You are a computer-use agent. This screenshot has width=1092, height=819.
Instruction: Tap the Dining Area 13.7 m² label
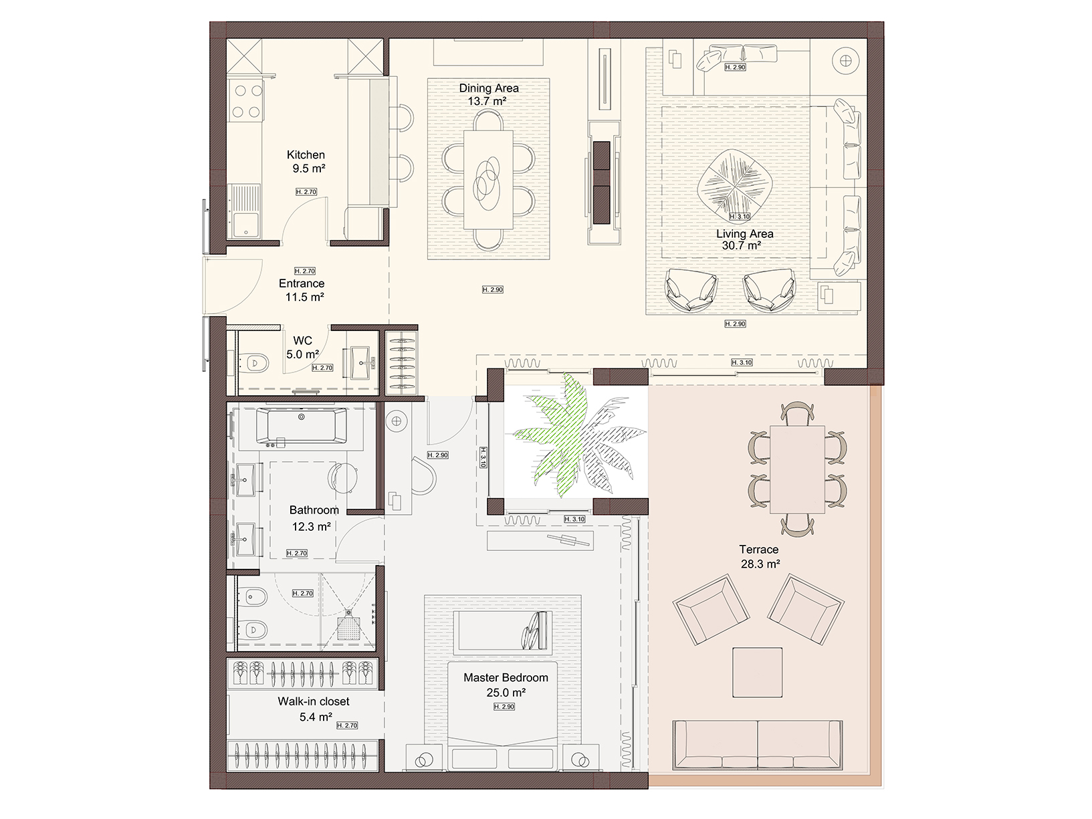[x=489, y=94]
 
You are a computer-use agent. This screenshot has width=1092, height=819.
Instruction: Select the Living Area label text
[x=745, y=234]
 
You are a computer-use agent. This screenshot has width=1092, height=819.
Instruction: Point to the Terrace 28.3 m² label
[x=760, y=556]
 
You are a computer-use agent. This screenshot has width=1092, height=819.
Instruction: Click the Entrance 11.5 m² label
[x=302, y=290]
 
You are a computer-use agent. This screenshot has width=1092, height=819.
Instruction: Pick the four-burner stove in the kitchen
[x=246, y=101]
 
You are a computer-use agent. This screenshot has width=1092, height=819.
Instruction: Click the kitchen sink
[x=244, y=211]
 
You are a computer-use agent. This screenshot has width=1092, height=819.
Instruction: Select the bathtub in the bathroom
[x=302, y=426]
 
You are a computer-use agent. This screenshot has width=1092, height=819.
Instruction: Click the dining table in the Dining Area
[x=488, y=180]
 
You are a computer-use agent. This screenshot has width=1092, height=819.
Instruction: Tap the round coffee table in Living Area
[x=734, y=185]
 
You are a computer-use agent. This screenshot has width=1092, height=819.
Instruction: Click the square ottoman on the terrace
[x=757, y=673]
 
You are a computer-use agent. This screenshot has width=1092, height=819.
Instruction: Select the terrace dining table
[x=797, y=469]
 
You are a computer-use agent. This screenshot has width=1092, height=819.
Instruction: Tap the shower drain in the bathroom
[x=348, y=628]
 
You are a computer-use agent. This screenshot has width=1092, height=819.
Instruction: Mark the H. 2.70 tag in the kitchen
[x=306, y=191]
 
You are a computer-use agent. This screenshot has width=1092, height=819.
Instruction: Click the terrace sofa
[x=757, y=745]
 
